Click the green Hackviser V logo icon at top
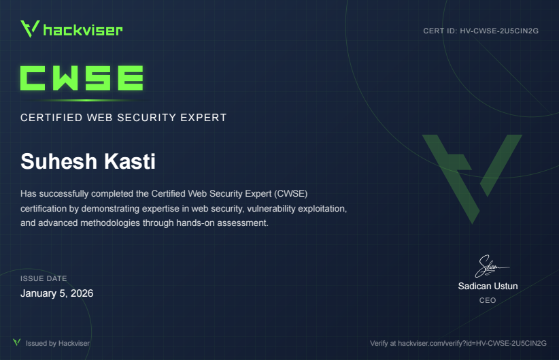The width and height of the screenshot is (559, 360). point(30,29)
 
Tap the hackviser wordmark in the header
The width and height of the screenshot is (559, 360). point(83,30)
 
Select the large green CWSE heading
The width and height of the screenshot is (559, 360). point(82,78)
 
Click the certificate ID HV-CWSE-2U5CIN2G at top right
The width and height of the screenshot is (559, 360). point(499,31)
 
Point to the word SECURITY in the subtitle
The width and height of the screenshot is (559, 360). point(146,118)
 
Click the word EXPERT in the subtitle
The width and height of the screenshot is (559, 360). point(203,118)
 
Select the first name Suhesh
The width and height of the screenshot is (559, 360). point(58,161)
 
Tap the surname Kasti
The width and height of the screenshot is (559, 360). point(130,161)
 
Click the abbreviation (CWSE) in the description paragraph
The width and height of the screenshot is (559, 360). point(290,193)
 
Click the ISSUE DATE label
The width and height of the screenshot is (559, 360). point(44,278)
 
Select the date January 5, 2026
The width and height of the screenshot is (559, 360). point(56,293)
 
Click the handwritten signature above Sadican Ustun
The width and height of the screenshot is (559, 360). point(491,266)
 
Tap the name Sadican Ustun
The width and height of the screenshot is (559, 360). point(488,286)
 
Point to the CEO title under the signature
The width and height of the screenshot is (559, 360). point(488,300)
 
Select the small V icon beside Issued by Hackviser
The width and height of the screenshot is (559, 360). point(17,342)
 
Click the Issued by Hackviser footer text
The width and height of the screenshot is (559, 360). point(58,343)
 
